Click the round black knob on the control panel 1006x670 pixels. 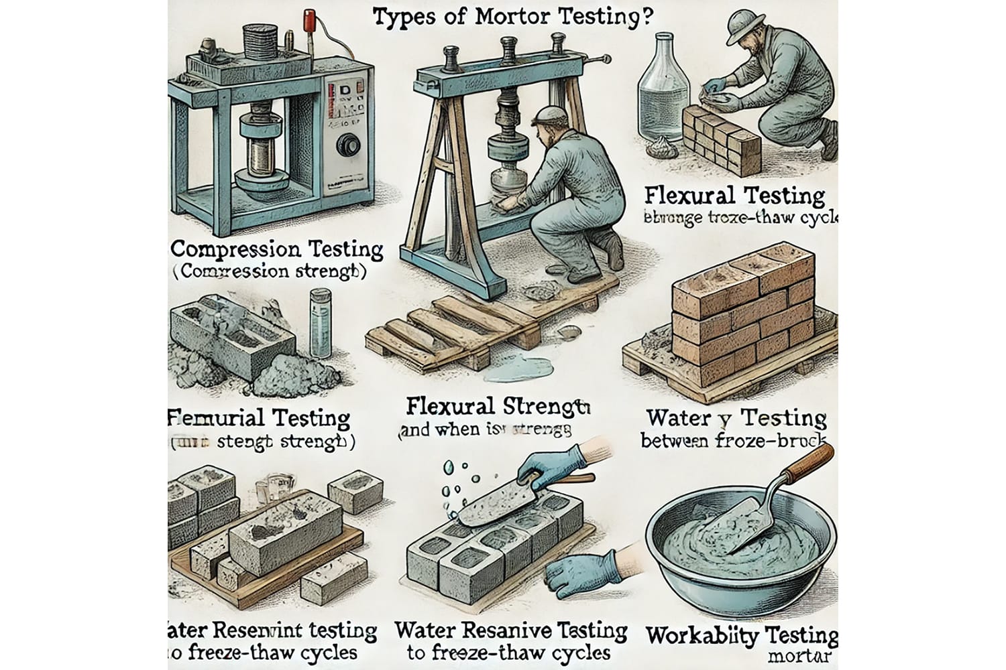click(x=347, y=145)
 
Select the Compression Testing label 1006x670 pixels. click(x=277, y=250)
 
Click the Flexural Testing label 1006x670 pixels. click(x=734, y=196)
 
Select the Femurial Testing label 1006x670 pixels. click(x=259, y=419)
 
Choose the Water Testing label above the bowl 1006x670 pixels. click(x=735, y=418)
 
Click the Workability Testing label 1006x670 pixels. click(x=741, y=634)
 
